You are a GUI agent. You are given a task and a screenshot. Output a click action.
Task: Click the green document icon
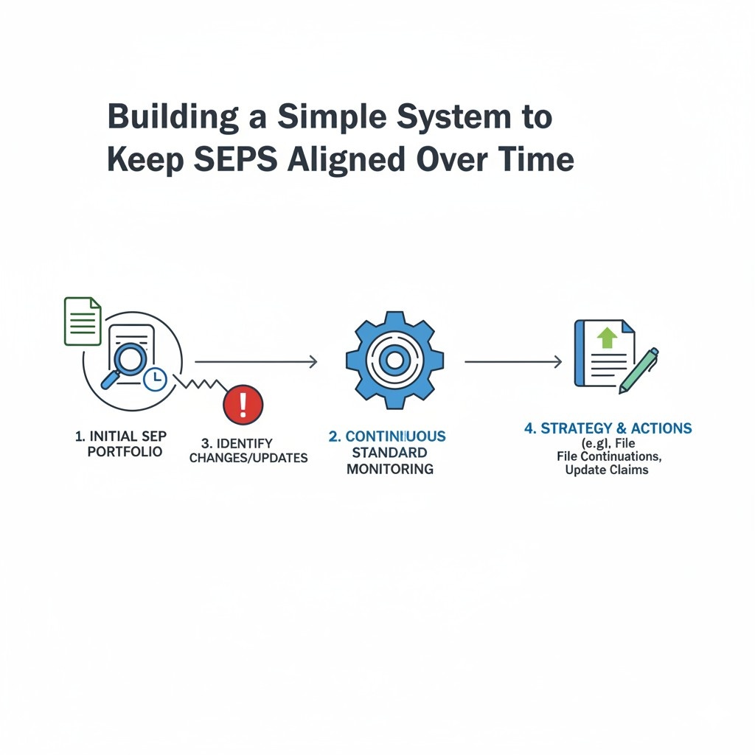(x=83, y=321)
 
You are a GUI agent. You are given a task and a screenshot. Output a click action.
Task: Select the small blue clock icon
(x=155, y=379)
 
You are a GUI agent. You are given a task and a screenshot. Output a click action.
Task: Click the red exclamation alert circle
(x=243, y=405)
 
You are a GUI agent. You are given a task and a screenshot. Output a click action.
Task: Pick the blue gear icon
(x=394, y=360)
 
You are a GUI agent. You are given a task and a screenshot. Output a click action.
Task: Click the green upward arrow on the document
(x=607, y=338)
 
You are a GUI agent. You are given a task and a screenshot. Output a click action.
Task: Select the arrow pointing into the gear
(x=256, y=361)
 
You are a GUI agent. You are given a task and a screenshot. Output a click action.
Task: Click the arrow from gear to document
(x=513, y=361)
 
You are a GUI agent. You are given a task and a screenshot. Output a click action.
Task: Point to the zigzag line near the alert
(x=197, y=386)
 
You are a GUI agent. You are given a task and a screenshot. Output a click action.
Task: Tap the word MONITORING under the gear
(x=389, y=469)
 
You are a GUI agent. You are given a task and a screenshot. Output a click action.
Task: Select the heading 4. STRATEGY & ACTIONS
(x=608, y=429)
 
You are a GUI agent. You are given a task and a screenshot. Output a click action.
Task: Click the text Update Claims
(x=606, y=470)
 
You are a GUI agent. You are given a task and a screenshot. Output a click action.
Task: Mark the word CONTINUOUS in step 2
(x=396, y=436)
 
